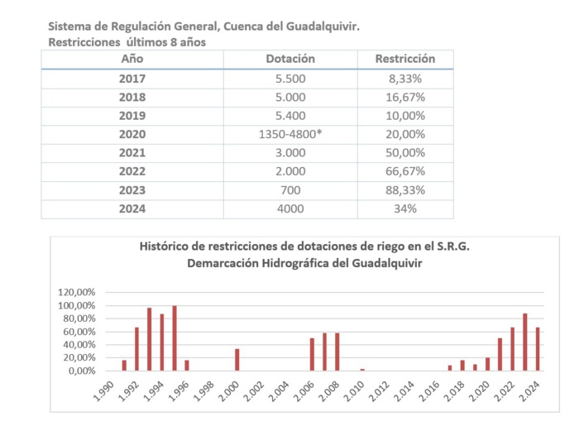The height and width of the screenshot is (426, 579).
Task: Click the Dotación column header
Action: pyautogui.click(x=290, y=59)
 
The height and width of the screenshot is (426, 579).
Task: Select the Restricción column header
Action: pyautogui.click(x=405, y=59)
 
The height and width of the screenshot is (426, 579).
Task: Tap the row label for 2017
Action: pyautogui.click(x=132, y=79)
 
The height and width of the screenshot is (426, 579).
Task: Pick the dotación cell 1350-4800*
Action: pyautogui.click(x=290, y=134)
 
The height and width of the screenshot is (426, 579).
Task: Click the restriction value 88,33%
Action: pyautogui.click(x=405, y=190)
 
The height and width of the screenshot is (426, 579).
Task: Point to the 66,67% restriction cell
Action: pyautogui.click(x=405, y=171)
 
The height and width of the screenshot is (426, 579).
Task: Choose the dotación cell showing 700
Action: pyautogui.click(x=290, y=190)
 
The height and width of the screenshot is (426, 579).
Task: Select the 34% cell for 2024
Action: pyautogui.click(x=405, y=208)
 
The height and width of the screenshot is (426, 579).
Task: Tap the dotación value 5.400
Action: pyautogui.click(x=290, y=116)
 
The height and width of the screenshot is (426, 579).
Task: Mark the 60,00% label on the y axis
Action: pyautogui.click(x=81, y=332)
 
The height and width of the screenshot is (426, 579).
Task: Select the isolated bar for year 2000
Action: pyautogui.click(x=237, y=360)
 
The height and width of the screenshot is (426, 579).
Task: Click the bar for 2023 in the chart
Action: pyautogui.click(x=525, y=342)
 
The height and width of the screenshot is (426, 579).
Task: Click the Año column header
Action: pyautogui.click(x=132, y=59)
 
